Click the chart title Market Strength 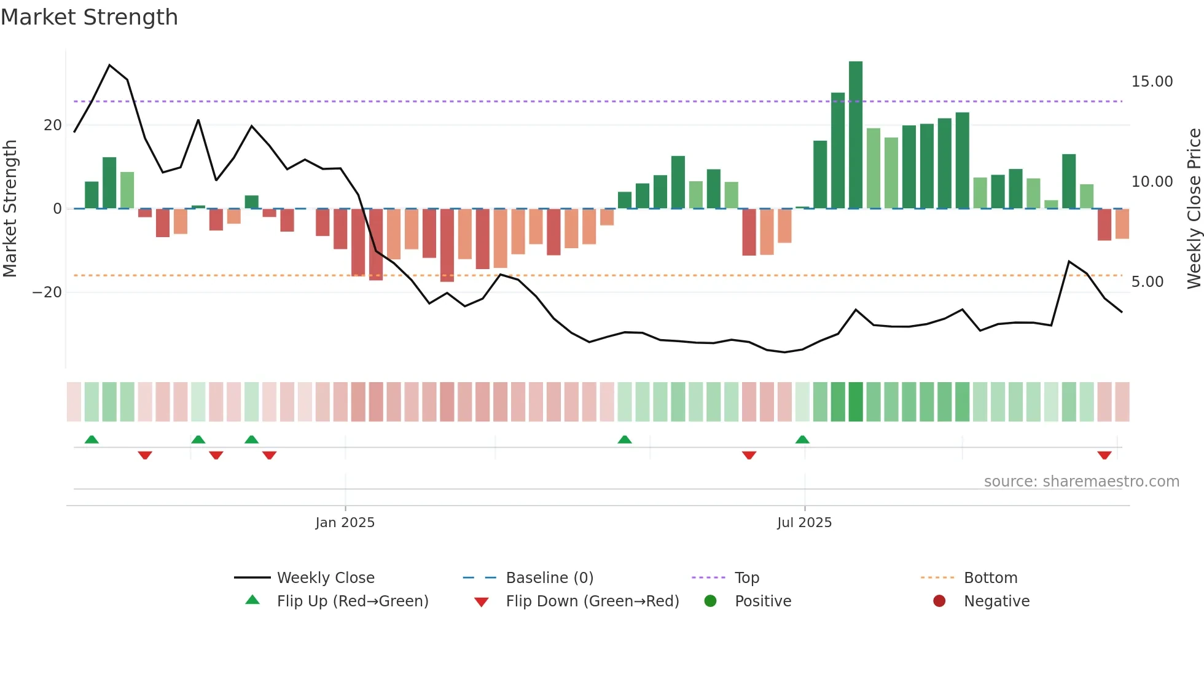click(x=89, y=17)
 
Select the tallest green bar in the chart click(x=856, y=135)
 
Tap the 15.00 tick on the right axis click(x=1152, y=82)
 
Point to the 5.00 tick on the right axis click(x=1147, y=282)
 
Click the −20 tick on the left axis click(x=47, y=292)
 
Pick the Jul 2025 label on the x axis click(x=804, y=523)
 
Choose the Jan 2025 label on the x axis click(x=345, y=523)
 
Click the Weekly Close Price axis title click(x=1194, y=209)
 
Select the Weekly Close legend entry click(x=325, y=578)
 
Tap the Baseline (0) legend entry click(x=549, y=578)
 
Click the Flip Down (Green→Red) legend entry click(x=592, y=601)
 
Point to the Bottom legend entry click(x=990, y=578)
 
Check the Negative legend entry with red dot click(x=996, y=601)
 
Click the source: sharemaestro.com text click(x=1081, y=482)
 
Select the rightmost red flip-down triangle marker click(x=1104, y=455)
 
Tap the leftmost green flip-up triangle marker click(x=92, y=439)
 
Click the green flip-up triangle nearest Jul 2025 click(x=802, y=439)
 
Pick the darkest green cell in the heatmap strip click(x=856, y=402)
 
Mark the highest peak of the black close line click(x=109, y=65)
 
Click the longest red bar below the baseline click(x=447, y=245)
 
